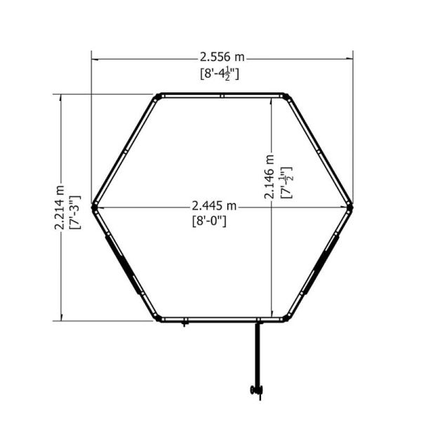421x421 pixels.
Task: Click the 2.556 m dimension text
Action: [x=222, y=58]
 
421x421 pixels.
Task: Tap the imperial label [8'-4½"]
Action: [x=220, y=74]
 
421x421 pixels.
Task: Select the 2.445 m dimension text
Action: [x=214, y=206]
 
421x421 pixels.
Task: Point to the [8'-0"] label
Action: [x=209, y=222]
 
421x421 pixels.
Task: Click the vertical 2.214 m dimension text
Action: [x=60, y=207]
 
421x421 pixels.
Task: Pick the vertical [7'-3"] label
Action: [x=75, y=212]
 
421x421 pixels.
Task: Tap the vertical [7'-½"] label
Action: [x=286, y=182]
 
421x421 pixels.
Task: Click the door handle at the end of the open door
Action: [x=257, y=390]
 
